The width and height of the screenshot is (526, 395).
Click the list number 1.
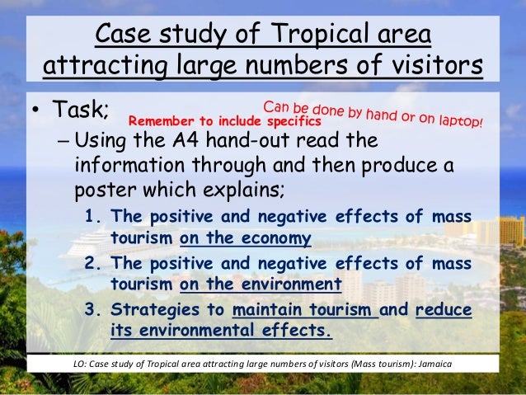[92, 218]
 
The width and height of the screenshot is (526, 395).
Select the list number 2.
[92, 265]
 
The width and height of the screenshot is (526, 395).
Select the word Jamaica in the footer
[428, 364]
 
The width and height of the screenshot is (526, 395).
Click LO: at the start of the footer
[80, 364]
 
